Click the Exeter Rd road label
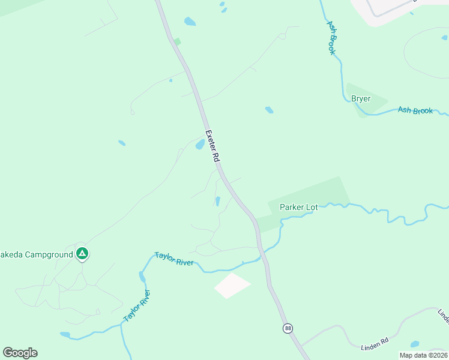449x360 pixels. click(211, 146)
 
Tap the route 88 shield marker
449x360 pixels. click(288, 328)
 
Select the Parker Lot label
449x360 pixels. click(298, 208)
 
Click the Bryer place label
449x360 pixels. click(361, 99)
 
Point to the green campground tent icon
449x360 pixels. click(82, 254)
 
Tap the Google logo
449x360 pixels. click(20, 352)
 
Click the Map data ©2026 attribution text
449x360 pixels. click(423, 355)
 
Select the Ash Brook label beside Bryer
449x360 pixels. click(415, 111)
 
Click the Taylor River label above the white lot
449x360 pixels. click(173, 259)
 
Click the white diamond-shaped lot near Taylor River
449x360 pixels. click(232, 285)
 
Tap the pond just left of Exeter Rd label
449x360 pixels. click(199, 144)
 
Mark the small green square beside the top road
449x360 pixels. click(177, 41)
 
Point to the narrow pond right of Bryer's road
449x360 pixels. click(217, 201)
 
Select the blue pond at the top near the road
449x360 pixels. click(190, 22)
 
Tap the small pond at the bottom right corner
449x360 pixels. click(414, 344)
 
